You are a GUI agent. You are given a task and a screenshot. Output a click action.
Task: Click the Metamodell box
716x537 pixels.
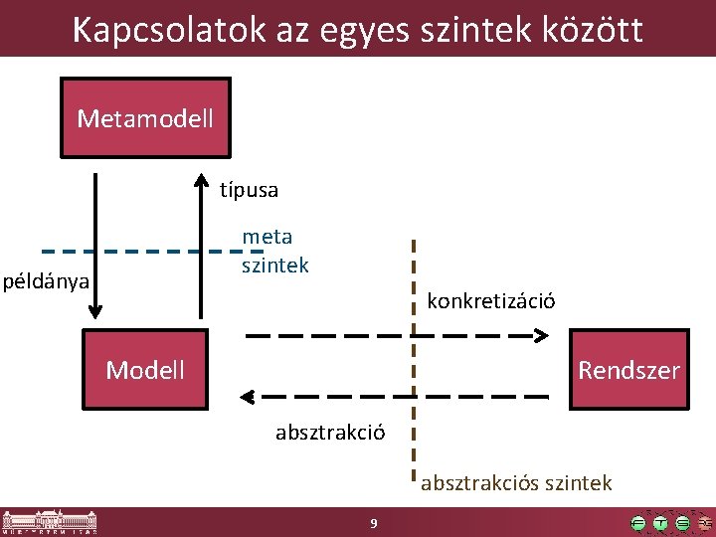point(145,118)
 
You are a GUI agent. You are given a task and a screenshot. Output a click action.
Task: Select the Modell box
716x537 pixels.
point(145,370)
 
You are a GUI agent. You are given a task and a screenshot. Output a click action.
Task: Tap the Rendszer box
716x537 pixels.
point(628,370)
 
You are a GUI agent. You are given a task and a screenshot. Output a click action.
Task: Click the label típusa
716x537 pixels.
point(249,189)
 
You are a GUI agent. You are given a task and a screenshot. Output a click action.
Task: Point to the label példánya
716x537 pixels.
point(46,280)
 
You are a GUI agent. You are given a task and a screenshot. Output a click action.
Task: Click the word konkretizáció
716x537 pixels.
point(491,300)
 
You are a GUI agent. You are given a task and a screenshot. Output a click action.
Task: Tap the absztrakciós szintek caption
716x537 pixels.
point(516,483)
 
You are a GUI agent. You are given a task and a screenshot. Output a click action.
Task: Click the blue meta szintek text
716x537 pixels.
point(274,251)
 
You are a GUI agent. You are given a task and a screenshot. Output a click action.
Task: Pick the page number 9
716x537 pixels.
point(372,522)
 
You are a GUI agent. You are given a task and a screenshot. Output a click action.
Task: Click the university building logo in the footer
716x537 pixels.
point(50,522)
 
